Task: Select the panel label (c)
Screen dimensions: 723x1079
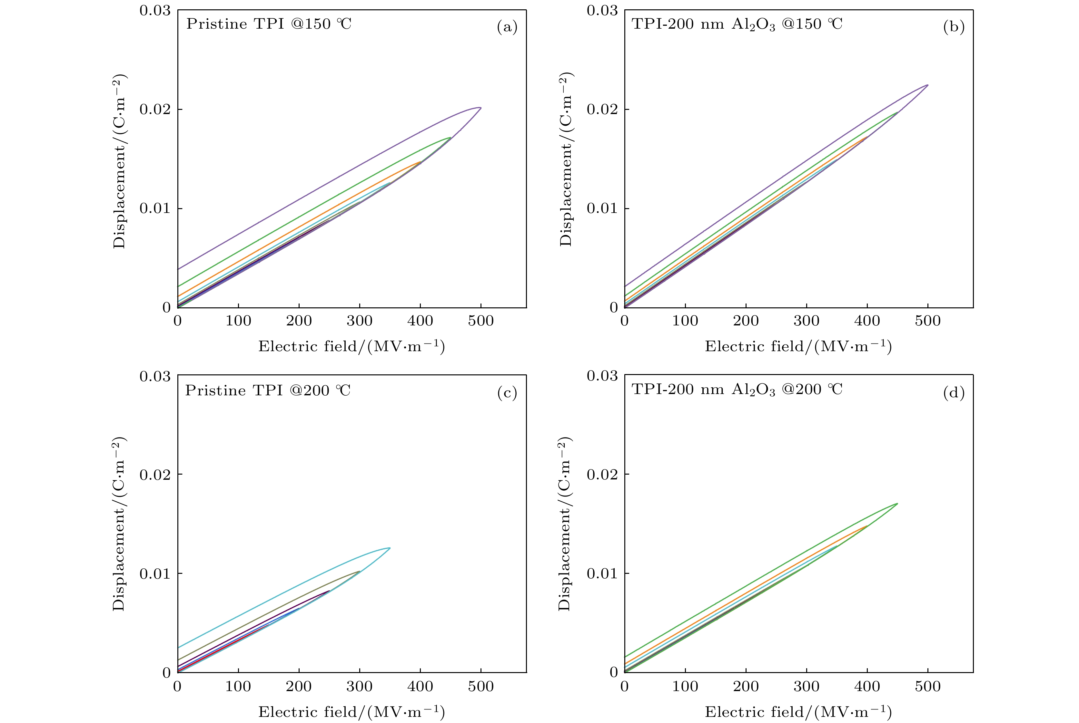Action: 507,393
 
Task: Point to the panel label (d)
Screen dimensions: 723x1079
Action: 954,393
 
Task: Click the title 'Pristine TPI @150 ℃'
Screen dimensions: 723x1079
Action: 269,24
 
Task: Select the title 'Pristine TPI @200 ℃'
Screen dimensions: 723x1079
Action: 268,390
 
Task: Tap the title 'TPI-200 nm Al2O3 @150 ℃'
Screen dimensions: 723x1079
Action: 737,24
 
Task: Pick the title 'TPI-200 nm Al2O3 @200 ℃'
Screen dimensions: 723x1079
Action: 737,390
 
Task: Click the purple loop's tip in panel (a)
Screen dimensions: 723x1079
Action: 480,108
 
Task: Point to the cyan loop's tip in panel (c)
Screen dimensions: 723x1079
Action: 390,548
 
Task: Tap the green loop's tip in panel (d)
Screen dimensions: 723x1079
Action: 897,504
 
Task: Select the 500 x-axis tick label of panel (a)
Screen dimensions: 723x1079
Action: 480,321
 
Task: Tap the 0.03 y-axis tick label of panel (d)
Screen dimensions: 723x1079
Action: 602,376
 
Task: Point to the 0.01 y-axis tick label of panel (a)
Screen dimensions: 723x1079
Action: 154,208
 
